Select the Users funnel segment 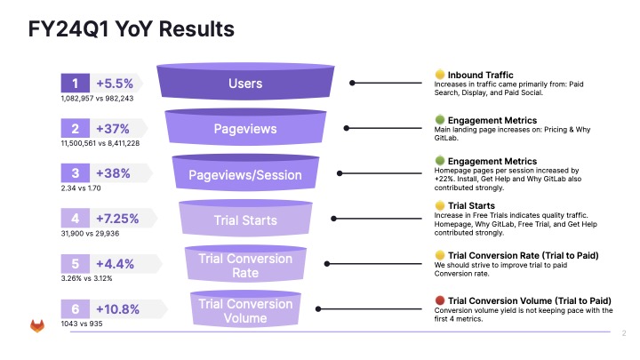245,84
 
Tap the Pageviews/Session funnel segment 245,175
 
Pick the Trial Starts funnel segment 245,220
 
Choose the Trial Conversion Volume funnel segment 245,311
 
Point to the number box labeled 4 75,219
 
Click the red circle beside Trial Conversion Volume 439,300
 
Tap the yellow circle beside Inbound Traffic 439,74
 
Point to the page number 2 624,334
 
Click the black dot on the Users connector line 353,84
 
